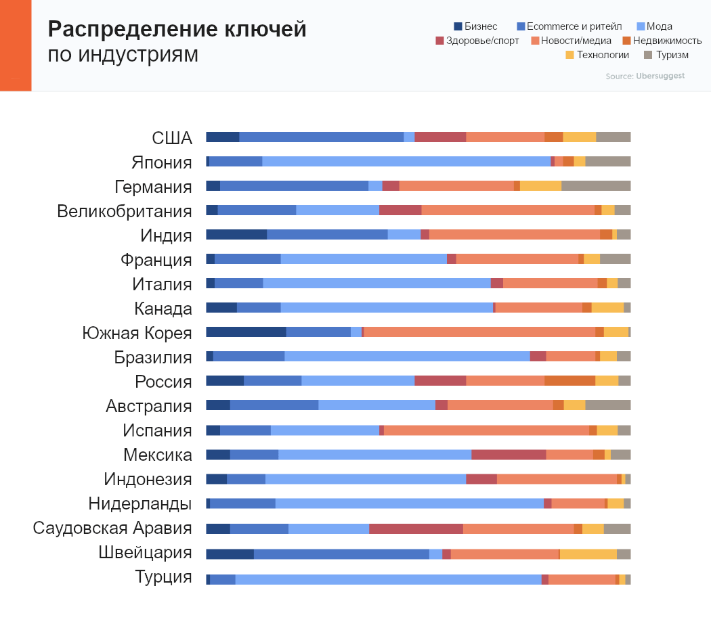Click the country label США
point(172,138)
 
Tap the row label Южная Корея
point(137,333)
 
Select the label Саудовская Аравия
point(112,528)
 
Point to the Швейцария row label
point(145,552)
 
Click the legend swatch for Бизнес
point(458,26)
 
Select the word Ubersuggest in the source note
point(660,76)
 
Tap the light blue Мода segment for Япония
point(406,162)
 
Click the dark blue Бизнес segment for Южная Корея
point(246,332)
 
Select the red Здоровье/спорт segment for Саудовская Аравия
point(416,529)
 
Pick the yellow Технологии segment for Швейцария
point(588,554)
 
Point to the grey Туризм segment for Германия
point(596,186)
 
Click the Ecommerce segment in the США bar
point(322,137)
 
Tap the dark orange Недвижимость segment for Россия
point(569,381)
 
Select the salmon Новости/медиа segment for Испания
point(486,430)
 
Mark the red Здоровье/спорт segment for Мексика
point(509,455)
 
